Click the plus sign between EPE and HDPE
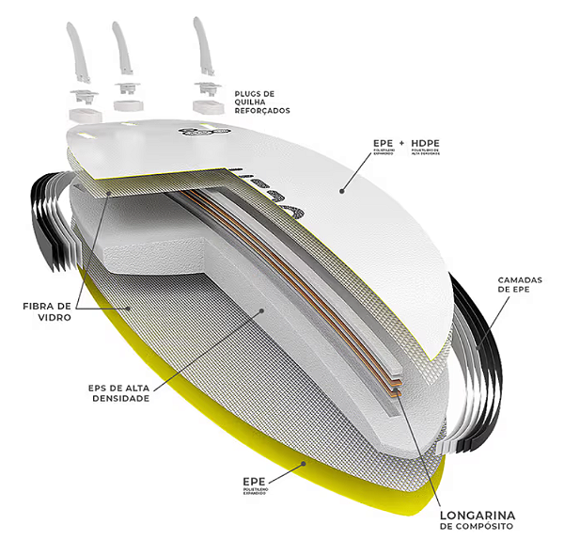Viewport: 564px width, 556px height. pyautogui.click(x=400, y=143)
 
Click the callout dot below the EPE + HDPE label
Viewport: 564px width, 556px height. pyautogui.click(x=342, y=190)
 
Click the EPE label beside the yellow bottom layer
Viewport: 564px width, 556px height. pyautogui.click(x=256, y=480)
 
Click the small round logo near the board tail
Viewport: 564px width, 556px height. pyautogui.click(x=197, y=133)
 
